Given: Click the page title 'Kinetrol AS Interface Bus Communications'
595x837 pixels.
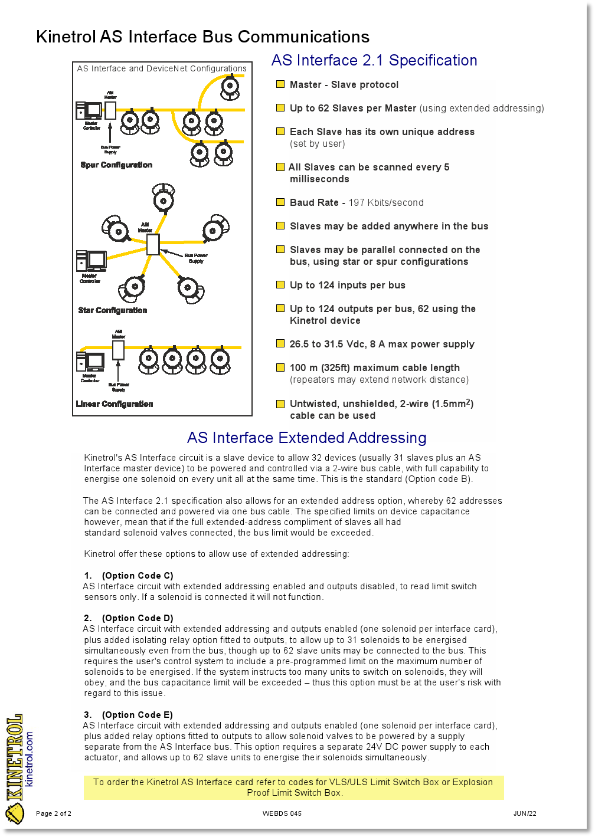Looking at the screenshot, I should [202, 37].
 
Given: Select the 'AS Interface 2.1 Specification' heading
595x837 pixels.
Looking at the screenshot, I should [374, 60].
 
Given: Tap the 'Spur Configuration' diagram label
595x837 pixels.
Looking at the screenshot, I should [116, 165].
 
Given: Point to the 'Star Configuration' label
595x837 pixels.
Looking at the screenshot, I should [113, 310].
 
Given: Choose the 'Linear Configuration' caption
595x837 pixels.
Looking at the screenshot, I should [115, 404].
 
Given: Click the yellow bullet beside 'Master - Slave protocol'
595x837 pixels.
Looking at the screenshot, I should [280, 84].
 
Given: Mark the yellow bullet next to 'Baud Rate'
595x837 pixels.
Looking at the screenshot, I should [280, 202].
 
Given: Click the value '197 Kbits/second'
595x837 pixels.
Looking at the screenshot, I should [386, 202].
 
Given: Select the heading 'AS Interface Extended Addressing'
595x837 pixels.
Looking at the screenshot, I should [306, 438].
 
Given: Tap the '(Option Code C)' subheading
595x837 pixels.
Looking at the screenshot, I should [138, 576].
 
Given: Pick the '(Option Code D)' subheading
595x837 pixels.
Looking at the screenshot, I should [138, 618].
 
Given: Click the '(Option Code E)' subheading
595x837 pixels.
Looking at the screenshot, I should [138, 715].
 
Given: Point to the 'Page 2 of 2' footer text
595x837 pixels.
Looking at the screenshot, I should [54, 813].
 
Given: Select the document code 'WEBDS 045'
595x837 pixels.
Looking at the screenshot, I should [282, 813].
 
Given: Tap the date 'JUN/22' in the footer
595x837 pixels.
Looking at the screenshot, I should [525, 813].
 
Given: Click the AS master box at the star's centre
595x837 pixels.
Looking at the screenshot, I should [153, 244].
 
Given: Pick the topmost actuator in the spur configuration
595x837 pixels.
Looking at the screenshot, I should [230, 88].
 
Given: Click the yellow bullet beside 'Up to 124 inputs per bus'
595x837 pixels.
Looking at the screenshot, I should [280, 285].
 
